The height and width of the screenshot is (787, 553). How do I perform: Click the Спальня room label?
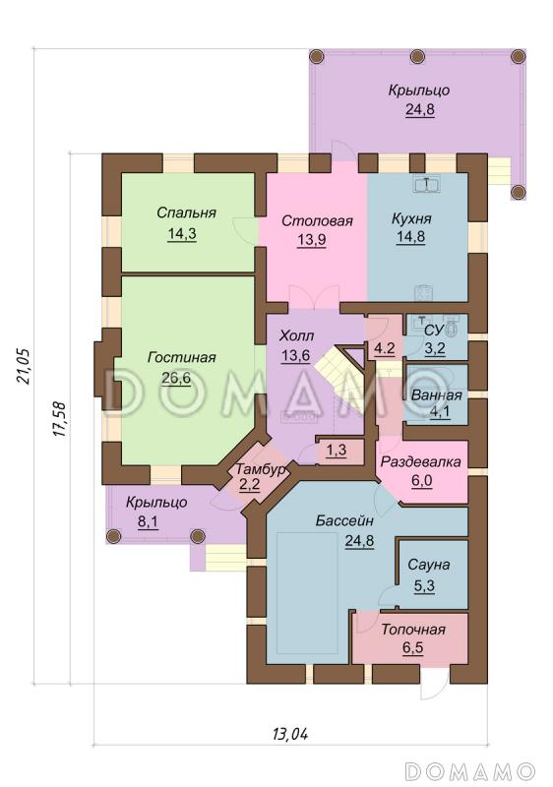pos(186,212)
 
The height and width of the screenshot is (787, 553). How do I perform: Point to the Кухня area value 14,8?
pos(411,237)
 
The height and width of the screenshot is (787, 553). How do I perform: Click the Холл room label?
pos(296,335)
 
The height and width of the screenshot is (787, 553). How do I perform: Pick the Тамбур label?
pos(261,470)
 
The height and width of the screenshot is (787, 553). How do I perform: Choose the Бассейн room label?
pos(344,521)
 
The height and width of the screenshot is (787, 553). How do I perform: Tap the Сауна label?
pos(428,565)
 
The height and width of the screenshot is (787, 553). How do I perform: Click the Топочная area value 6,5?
pos(412,647)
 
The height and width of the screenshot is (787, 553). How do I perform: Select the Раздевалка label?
pos(420,461)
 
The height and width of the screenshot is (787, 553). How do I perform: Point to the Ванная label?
pos(436,395)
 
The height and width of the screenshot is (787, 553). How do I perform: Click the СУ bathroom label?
pos(434,331)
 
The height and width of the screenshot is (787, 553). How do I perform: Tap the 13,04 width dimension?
pos(290,735)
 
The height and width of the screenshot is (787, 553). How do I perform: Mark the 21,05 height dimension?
pos(24,366)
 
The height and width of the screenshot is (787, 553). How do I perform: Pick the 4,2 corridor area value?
pos(385,348)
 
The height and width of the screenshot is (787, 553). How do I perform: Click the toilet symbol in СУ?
pos(452,329)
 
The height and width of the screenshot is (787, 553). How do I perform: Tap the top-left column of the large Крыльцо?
pos(317,56)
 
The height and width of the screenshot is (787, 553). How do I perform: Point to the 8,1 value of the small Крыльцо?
pos(148,522)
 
